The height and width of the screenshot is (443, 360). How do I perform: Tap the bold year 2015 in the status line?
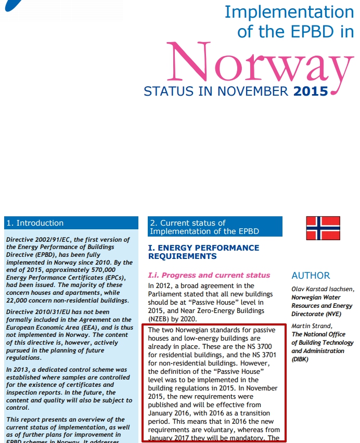tap(311, 92)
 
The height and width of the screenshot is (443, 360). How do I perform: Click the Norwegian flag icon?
tap(323, 228)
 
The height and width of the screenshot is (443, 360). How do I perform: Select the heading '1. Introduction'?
tap(35, 223)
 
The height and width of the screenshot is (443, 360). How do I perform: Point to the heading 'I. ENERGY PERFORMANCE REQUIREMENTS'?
tap(203, 252)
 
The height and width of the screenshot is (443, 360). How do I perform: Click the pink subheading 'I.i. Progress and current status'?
tap(209, 275)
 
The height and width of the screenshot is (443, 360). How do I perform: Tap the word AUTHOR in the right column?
tap(311, 276)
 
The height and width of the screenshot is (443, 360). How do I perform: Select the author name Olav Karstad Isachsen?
tap(323, 289)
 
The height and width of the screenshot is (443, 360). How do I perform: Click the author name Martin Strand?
tap(311, 326)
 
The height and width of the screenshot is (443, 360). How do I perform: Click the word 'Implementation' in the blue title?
tap(289, 12)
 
